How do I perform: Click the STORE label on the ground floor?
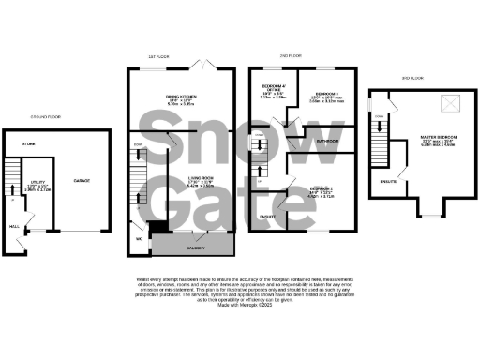click(x=29, y=143)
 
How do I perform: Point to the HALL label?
click(x=12, y=225)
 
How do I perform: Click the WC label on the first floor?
click(x=139, y=238)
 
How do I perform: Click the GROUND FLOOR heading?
click(x=38, y=118)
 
